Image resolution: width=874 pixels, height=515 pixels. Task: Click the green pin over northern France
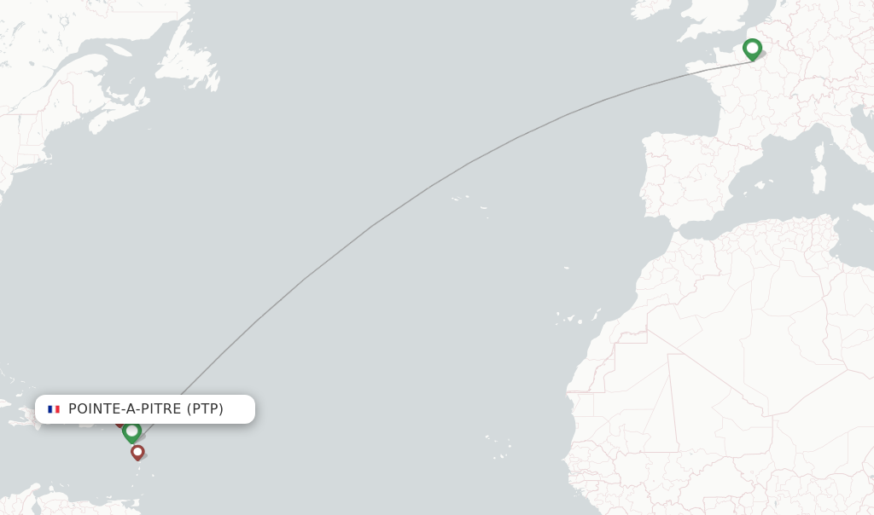752,48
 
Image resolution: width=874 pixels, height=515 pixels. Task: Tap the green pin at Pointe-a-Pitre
131,431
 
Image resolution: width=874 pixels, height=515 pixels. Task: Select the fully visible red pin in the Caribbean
137,451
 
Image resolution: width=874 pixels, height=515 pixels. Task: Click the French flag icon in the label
54,409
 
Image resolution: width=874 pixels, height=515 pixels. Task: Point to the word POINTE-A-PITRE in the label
125,409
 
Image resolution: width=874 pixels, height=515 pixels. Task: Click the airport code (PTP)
205,409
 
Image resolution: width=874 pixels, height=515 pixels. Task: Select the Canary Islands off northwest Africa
572,318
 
